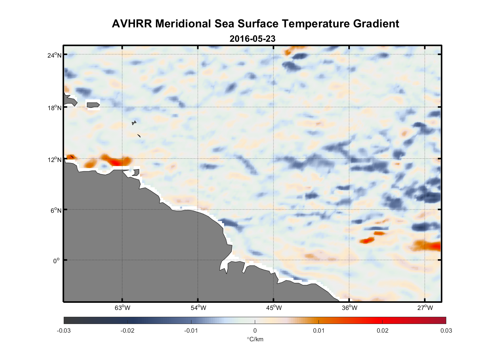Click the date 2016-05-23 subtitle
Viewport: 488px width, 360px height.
252,39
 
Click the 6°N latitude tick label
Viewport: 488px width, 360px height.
56,210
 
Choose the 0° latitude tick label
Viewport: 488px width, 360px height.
57,261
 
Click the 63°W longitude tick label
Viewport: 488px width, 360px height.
122,308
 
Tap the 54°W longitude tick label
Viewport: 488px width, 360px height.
198,308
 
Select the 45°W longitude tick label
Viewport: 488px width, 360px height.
274,308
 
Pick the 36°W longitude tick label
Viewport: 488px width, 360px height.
349,308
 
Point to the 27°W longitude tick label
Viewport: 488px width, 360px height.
425,308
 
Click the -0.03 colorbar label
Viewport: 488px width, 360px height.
64,331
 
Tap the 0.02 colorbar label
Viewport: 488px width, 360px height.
382,331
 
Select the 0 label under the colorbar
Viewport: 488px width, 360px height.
255,331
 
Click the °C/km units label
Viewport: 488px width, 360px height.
255,339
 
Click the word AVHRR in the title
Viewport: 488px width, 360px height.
132,24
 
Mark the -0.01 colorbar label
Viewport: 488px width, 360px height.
191,331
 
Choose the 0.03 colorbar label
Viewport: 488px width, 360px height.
446,331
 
